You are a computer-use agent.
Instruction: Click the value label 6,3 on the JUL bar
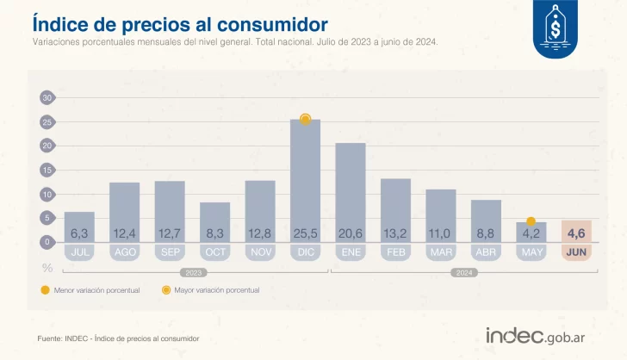pos(79,233)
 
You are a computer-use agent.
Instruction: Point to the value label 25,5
pos(305,233)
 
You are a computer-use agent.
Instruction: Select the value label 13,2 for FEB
pos(395,233)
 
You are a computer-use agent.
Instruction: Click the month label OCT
pos(214,253)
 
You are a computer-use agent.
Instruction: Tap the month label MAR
pos(440,253)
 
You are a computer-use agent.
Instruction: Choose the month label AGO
pos(124,253)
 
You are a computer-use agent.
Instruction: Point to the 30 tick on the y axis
pos(47,98)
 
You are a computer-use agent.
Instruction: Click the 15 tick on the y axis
pos(47,171)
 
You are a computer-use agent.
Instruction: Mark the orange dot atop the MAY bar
pos(531,221)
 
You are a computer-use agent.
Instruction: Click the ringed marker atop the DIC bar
pos(305,119)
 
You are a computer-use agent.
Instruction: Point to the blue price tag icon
pos(556,29)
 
